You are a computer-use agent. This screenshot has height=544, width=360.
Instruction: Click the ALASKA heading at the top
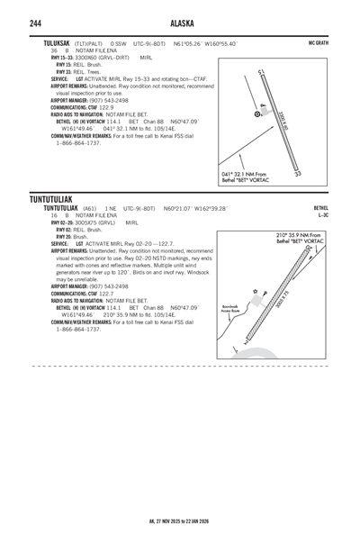click(x=179, y=23)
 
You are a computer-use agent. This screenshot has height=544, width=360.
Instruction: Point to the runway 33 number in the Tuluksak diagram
click(x=298, y=173)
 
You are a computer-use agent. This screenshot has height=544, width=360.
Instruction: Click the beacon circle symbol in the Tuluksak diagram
click(x=258, y=114)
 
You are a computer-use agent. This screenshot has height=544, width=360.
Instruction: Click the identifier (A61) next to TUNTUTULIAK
click(x=89, y=207)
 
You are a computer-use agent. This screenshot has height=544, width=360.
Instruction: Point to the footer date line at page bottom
click(x=179, y=520)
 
